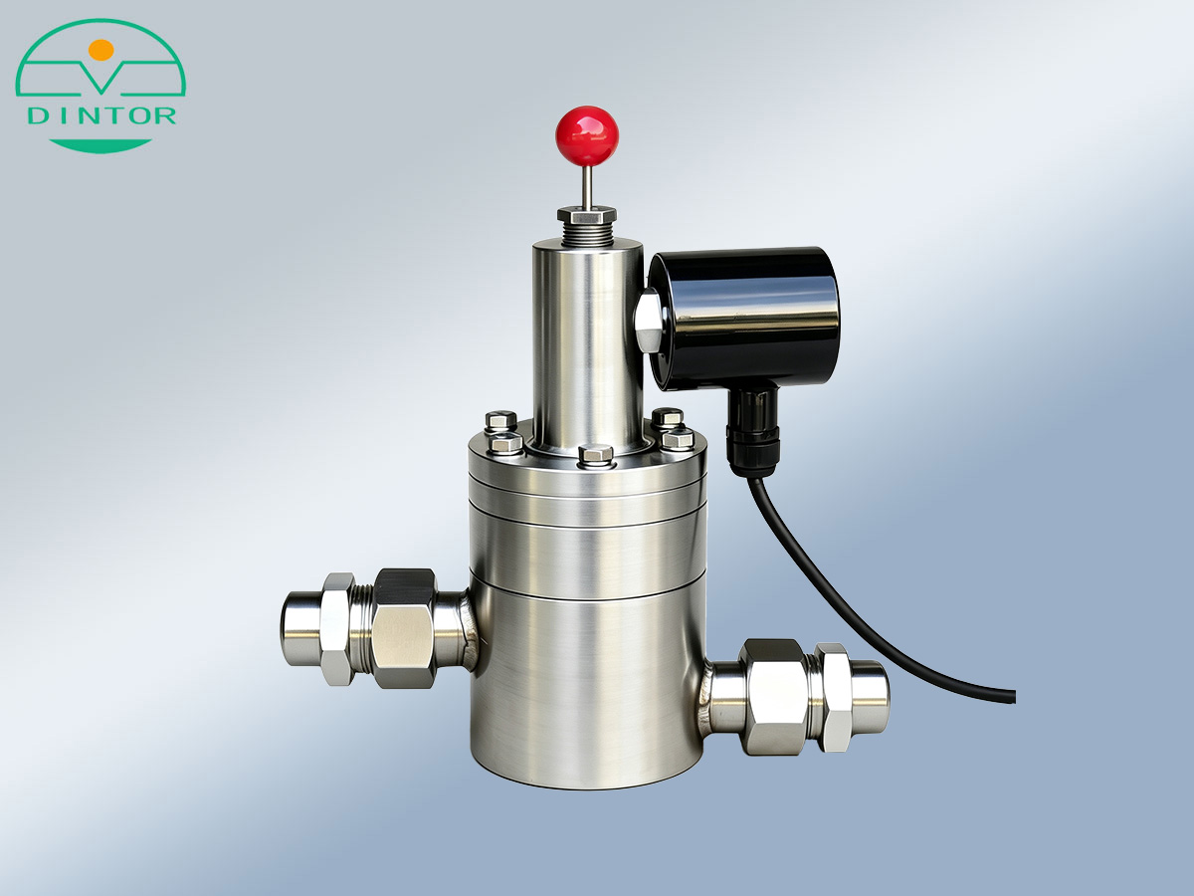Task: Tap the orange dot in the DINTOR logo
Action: [101, 50]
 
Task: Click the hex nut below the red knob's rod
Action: [587, 214]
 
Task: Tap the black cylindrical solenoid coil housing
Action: [744, 320]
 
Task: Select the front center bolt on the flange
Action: [596, 455]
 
